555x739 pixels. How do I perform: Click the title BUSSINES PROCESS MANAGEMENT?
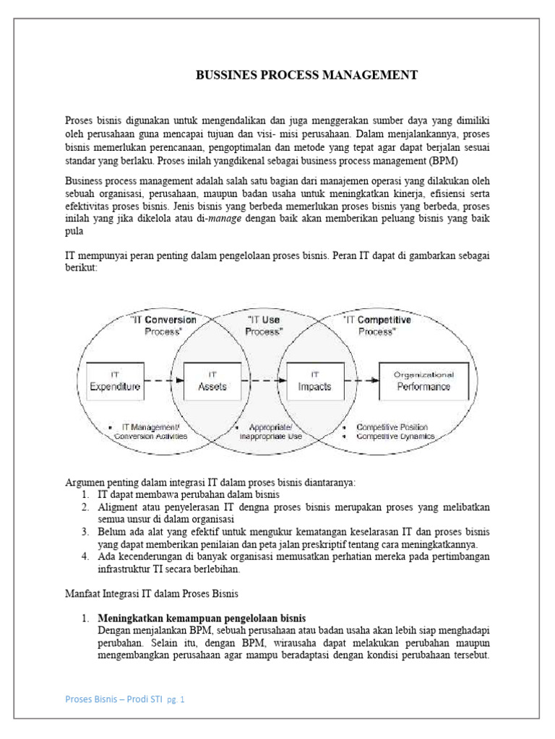(306, 75)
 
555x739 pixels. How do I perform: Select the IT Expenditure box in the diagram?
(114, 381)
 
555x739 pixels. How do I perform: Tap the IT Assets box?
(212, 381)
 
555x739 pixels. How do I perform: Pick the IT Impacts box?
(314, 381)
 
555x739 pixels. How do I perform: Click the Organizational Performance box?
(423, 381)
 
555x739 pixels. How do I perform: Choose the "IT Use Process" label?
(264, 325)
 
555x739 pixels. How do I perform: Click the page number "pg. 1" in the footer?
(176, 700)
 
